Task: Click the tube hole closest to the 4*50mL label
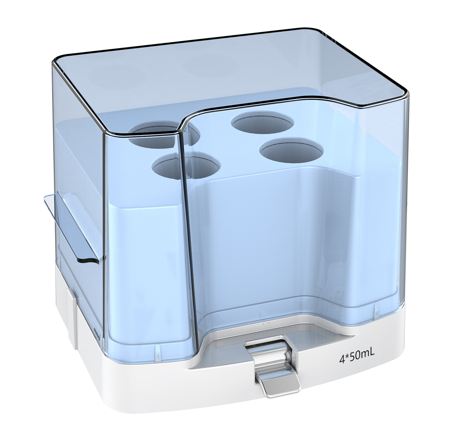[291, 149]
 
